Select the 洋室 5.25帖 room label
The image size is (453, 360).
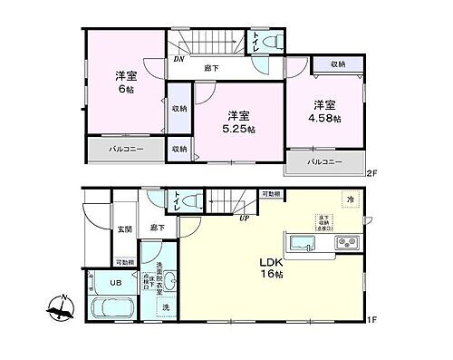tap(238, 122)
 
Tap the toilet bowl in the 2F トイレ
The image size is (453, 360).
tap(277, 41)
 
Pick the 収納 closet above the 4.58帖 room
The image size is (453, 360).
tap(337, 64)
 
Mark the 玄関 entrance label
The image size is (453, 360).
tap(124, 229)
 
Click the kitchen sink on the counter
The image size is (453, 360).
tap(302, 242)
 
